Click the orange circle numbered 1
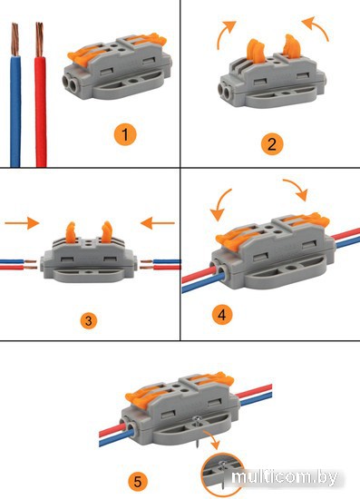click(125, 134)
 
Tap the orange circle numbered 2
click(272, 144)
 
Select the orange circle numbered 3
click(88, 320)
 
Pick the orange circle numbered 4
click(222, 315)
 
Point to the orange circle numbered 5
click(138, 481)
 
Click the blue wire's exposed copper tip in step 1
click(15, 39)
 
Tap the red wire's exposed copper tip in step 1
click(39, 39)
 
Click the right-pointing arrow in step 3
click(22, 223)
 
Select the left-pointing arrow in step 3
click(158, 223)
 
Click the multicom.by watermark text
click(285, 477)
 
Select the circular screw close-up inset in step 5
click(222, 475)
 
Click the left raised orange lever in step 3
click(71, 231)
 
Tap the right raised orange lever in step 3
click(107, 231)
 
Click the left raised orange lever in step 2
click(256, 52)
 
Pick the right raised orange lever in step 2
click(292, 47)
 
